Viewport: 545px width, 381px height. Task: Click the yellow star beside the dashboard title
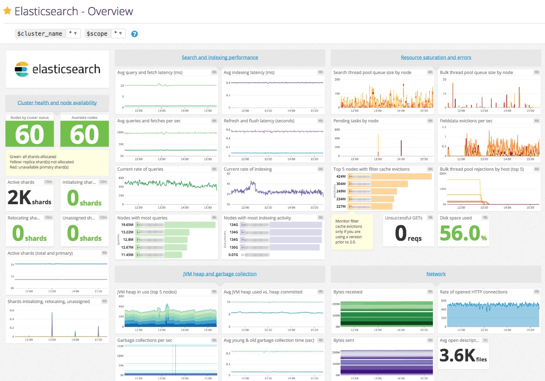[7, 11]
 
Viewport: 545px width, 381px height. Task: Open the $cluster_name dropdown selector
[73, 34]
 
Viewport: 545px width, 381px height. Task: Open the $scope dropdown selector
[118, 34]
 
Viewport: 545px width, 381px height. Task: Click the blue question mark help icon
[135, 34]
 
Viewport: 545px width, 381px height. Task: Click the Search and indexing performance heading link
[220, 57]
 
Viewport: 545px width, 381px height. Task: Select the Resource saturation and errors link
[436, 57]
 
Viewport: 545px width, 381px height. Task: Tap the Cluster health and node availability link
[57, 103]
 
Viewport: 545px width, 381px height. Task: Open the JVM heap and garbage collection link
[220, 274]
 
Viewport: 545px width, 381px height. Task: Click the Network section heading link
[436, 274]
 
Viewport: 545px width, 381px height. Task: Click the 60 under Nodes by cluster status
[30, 135]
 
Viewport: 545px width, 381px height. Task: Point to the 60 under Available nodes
[84, 135]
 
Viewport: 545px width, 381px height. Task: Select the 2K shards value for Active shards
[30, 199]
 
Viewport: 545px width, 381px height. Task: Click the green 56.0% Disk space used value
[463, 234]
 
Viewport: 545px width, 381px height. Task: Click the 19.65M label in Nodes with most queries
[127, 225]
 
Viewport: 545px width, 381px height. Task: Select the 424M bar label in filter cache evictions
[341, 177]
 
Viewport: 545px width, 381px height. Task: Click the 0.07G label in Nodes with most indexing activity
[234, 254]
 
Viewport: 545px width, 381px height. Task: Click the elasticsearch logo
[57, 69]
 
